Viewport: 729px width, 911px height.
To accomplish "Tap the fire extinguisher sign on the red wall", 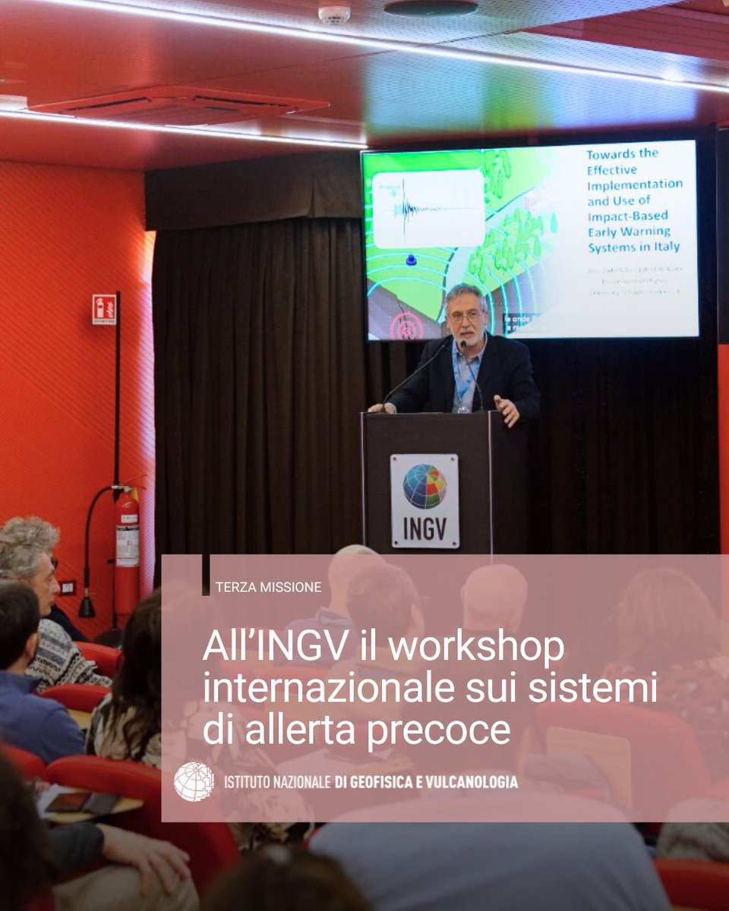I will click(x=104, y=309).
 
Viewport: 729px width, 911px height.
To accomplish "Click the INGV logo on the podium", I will click(x=424, y=500).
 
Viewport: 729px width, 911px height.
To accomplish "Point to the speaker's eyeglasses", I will click(x=465, y=314).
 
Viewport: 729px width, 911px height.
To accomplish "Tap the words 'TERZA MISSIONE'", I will click(x=268, y=587).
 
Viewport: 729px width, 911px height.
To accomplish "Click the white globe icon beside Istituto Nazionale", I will click(x=194, y=781).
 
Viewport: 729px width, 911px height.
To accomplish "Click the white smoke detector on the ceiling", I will click(x=334, y=14).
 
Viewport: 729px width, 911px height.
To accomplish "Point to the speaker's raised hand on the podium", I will click(x=507, y=410).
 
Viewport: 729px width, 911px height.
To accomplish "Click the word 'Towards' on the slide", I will click(x=611, y=153).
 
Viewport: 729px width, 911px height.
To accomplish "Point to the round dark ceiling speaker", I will click(x=431, y=7).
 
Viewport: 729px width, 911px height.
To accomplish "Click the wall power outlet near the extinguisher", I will click(x=68, y=587).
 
